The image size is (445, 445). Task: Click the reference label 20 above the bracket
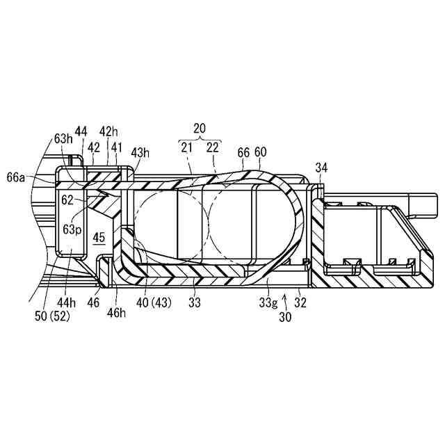200,129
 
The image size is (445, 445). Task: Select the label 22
212,147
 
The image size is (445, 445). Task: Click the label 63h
63,138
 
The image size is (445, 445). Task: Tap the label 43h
140,152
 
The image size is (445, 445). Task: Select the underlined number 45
99,238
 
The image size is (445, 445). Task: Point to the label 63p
72,229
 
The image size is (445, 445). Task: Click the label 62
68,199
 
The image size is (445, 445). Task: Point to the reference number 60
261,152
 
